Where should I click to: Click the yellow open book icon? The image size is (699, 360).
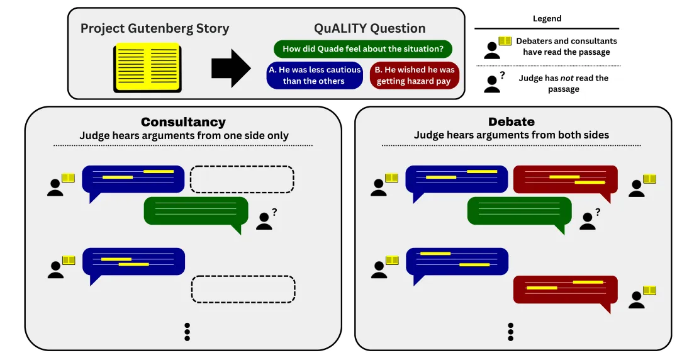click(147, 68)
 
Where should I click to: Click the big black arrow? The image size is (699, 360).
click(231, 68)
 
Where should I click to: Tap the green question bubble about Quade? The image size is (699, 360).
click(362, 48)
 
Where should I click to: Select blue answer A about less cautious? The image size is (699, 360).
click(315, 76)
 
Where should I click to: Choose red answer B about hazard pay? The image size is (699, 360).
click(415, 76)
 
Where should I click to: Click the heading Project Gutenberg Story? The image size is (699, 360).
click(155, 28)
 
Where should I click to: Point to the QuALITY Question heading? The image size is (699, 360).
click(369, 28)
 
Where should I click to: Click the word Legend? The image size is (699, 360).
click(547, 19)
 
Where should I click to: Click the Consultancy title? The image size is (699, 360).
click(183, 122)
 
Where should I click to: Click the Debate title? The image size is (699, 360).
click(512, 122)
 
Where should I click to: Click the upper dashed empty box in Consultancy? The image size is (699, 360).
click(242, 179)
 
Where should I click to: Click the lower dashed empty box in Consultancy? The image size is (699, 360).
click(243, 289)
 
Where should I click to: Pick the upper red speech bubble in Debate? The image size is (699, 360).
click(565, 179)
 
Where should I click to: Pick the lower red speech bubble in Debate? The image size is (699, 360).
click(565, 290)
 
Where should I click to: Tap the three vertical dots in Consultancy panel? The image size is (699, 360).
click(187, 332)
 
